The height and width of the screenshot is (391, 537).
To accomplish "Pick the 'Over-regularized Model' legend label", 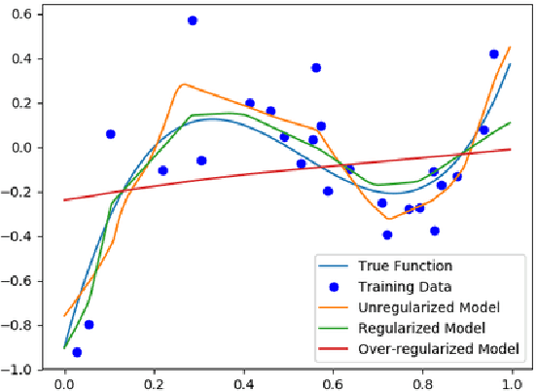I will click(x=431, y=347).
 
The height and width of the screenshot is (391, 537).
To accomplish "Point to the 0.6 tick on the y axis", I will click(x=20, y=15).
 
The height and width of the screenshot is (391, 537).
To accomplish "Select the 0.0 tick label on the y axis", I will click(x=20, y=148).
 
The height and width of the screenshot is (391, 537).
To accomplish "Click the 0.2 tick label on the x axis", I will click(x=155, y=382).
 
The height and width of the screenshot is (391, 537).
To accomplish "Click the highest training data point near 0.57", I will click(x=193, y=20).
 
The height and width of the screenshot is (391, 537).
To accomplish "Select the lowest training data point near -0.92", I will click(x=77, y=352).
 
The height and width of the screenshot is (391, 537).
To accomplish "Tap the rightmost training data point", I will click(x=494, y=54).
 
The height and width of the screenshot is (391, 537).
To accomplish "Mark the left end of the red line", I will click(x=65, y=200).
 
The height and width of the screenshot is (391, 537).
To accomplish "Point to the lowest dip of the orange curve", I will click(x=387, y=219).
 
